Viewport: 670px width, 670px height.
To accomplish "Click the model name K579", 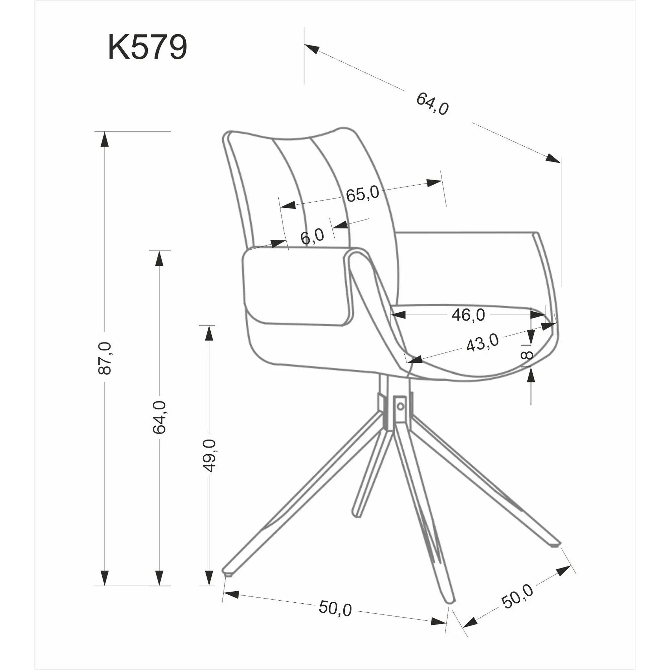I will click(x=147, y=48).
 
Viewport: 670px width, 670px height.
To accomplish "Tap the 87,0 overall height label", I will click(x=105, y=358).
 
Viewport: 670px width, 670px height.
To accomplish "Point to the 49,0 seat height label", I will click(x=209, y=455).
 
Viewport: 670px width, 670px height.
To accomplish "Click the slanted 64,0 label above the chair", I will click(x=432, y=103).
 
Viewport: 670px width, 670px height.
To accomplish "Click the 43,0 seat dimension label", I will click(x=482, y=343).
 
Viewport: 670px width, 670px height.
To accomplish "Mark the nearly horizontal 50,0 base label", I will click(x=335, y=608).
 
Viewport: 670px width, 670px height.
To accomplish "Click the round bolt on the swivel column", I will click(x=401, y=406).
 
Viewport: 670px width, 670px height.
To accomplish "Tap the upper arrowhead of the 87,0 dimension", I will click(x=105, y=140).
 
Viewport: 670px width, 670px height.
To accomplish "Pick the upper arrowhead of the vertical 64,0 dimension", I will click(x=159, y=258).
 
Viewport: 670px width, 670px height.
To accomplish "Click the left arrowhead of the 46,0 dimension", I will click(x=398, y=315).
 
